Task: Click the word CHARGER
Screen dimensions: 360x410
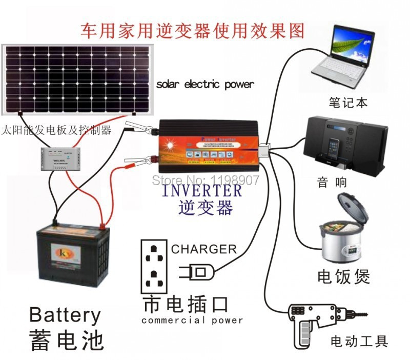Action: point(204,250)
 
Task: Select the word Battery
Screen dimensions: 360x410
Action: point(65,315)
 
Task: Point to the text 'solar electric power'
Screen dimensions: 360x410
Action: point(205,84)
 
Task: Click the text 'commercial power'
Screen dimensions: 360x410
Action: point(192,321)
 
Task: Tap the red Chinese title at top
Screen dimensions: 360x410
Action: point(192,30)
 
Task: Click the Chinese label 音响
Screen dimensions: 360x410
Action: point(332,182)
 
